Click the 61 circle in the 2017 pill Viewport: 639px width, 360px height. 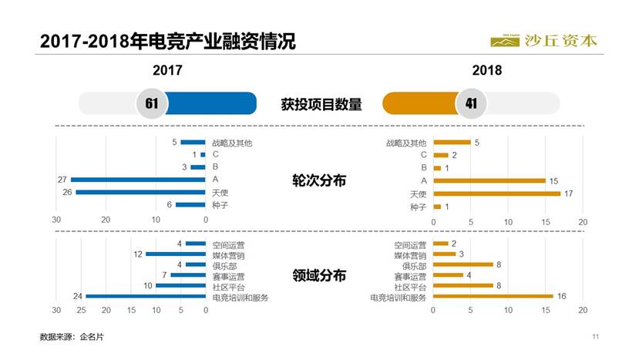[x=152, y=104]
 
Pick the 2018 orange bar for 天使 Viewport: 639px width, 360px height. [x=496, y=193]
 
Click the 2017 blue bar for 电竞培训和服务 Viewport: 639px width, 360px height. [x=146, y=297]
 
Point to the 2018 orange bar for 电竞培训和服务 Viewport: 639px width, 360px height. [x=493, y=296]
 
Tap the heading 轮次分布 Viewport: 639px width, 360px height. [x=319, y=180]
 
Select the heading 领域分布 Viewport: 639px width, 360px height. [x=319, y=275]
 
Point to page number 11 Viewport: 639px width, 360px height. [x=596, y=337]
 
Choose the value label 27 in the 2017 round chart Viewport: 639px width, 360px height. [x=62, y=180]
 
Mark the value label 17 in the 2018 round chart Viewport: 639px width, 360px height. [x=569, y=193]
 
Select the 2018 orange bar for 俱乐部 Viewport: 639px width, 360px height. [x=462, y=264]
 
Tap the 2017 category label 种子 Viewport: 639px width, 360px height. [x=220, y=205]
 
